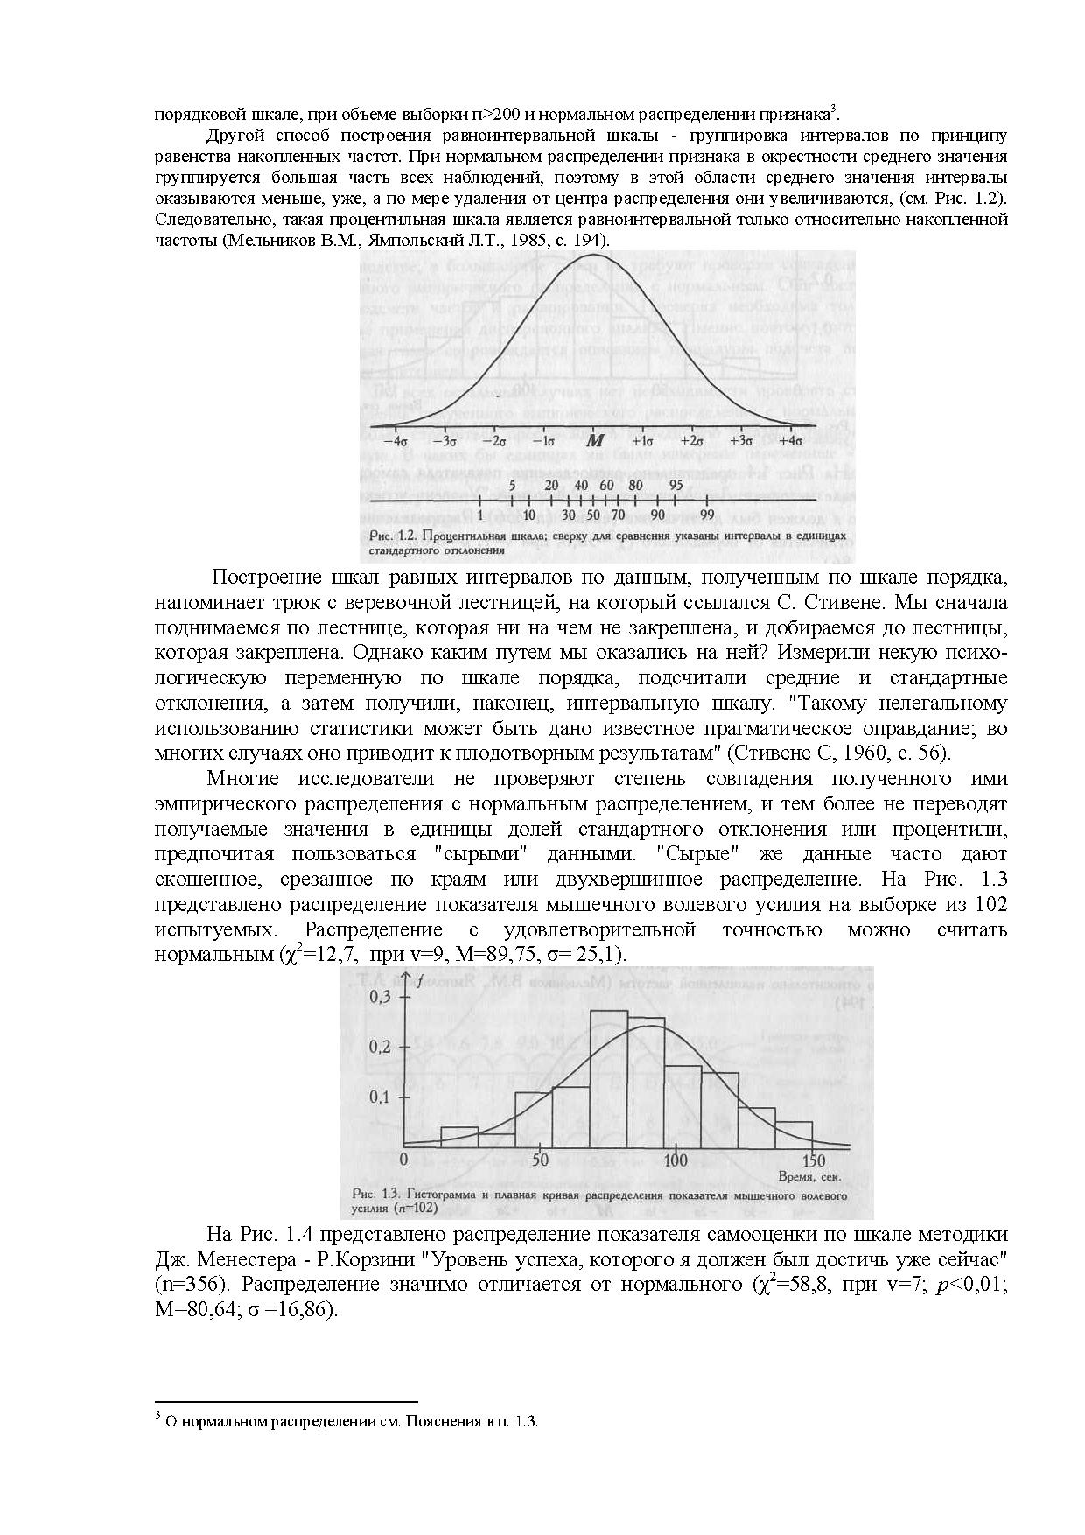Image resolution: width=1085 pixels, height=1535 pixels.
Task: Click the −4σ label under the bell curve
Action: (395, 442)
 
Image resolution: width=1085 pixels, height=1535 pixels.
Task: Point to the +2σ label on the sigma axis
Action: (692, 442)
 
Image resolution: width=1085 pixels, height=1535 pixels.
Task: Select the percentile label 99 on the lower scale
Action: (707, 514)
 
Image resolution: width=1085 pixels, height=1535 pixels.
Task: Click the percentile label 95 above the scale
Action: (676, 486)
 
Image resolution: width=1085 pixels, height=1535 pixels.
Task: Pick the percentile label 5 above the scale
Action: (513, 486)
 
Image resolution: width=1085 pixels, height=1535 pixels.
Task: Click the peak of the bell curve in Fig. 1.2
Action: (593, 256)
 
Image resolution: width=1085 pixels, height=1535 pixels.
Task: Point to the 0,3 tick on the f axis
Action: (382, 998)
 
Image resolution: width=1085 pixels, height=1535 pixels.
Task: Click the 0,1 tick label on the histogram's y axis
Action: (382, 1097)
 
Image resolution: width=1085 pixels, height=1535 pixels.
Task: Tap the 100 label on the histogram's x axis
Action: (675, 1161)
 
